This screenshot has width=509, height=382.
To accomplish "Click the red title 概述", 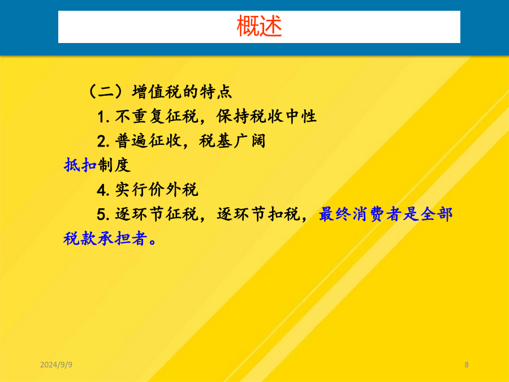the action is point(259,26).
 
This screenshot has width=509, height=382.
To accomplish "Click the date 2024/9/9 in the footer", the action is point(56,365).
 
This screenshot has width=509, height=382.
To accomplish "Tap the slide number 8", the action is point(467,365).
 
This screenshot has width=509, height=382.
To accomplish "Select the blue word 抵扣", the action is point(80,165).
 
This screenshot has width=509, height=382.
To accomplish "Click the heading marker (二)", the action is point(106,91).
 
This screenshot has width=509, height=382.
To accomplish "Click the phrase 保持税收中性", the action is point(266,116).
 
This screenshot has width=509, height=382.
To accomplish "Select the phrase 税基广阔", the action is point(232,141).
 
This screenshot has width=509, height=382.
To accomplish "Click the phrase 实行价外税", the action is point(157,190).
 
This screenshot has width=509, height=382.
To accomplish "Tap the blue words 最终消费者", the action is point(360,214).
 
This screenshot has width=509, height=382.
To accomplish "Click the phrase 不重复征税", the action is point(157,116).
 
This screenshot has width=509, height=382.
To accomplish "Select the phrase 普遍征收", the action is point(148,141).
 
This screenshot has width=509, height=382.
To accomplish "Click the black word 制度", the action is point(114,165).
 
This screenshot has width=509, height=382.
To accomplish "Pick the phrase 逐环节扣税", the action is point(258,214).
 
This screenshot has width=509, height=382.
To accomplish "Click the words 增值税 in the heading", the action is point(157,91).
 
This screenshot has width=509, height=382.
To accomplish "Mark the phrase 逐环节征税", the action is point(157,214).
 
